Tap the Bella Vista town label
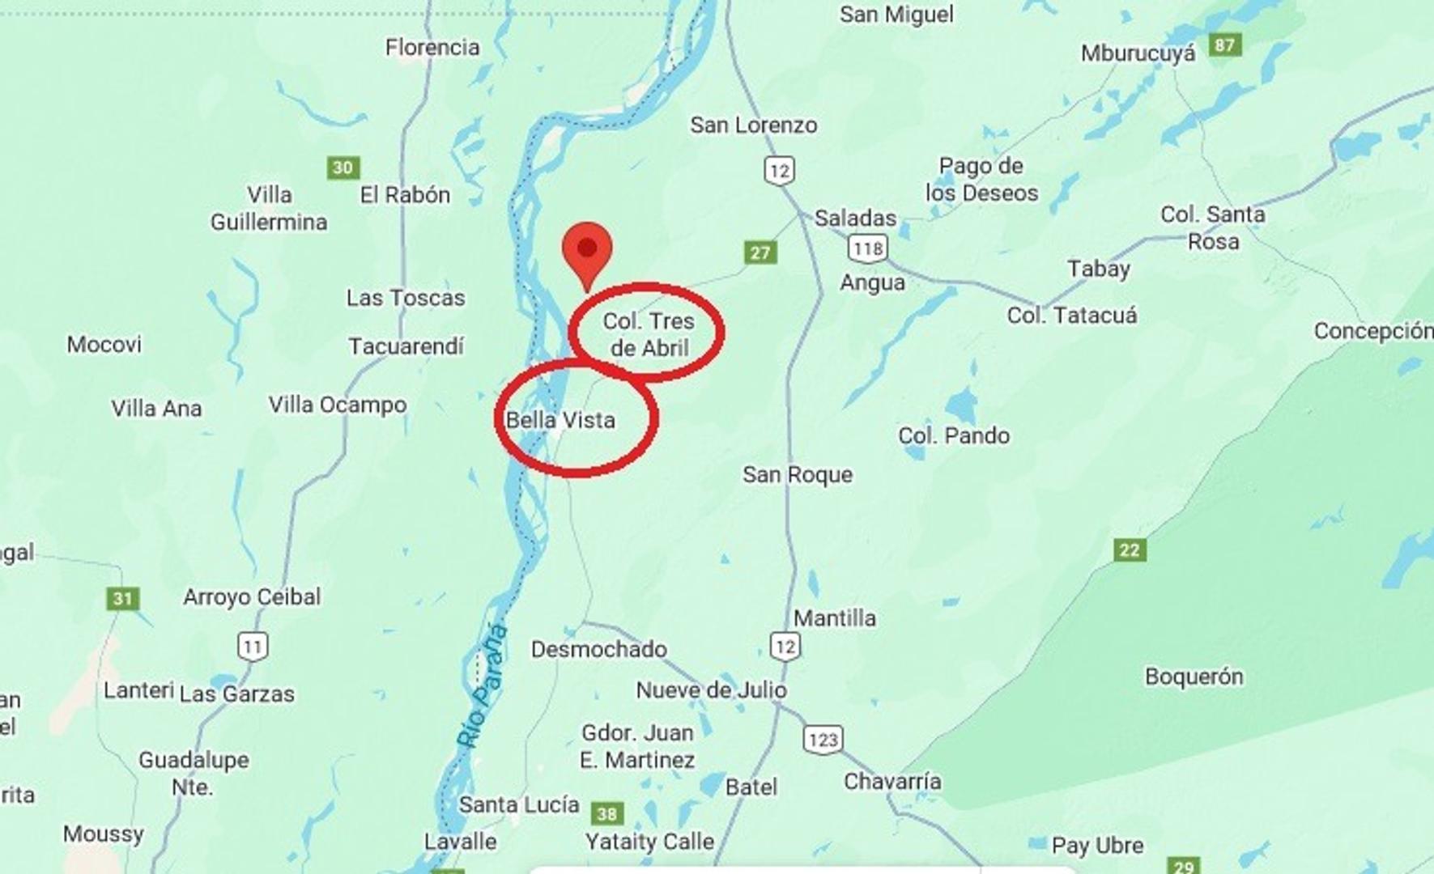(560, 420)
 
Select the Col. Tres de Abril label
(649, 334)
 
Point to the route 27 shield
(760, 252)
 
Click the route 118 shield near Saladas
(867, 248)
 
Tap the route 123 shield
(823, 740)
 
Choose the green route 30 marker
(343, 168)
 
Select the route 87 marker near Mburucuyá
(1225, 45)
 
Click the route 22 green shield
(1130, 550)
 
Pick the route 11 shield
(253, 647)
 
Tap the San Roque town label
(798, 474)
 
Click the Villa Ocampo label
(338, 405)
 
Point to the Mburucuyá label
(1138, 53)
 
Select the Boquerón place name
(1194, 677)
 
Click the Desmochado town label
(599, 649)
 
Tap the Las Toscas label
(406, 298)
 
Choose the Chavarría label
(892, 782)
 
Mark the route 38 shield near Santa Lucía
(607, 813)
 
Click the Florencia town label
(432, 48)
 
